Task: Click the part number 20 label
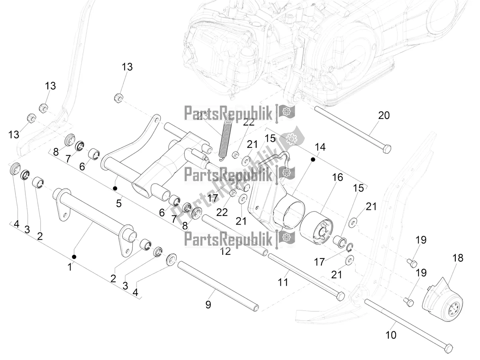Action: point(384,115)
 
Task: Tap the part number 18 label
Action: point(458,258)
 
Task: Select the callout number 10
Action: point(391,335)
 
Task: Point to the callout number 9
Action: point(208,305)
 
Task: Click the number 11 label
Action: point(283,282)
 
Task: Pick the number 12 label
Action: point(225,251)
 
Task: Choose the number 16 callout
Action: point(337,177)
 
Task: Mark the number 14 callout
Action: point(320,147)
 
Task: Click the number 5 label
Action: point(119,203)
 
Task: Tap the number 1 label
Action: point(70,267)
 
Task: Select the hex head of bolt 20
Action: point(386,149)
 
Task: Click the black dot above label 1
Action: point(74,256)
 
